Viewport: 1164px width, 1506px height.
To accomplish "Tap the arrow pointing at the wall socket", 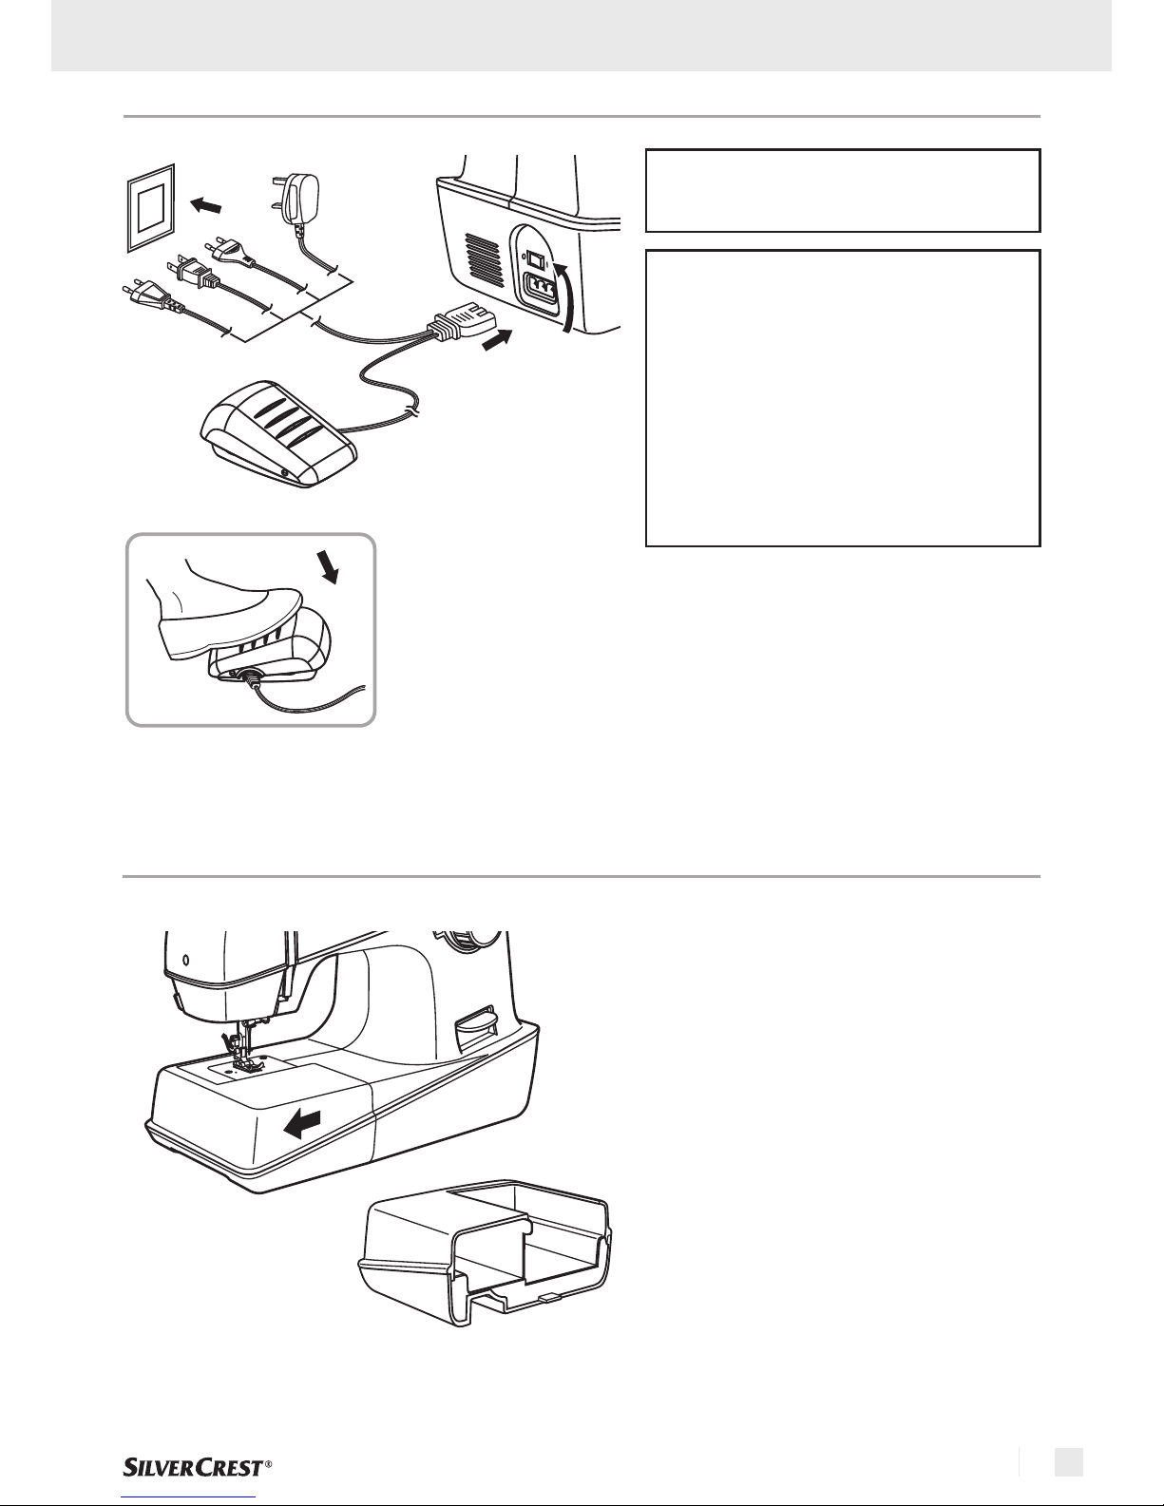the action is click(x=210, y=204).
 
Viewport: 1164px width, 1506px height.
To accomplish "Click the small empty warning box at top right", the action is click(x=843, y=190).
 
